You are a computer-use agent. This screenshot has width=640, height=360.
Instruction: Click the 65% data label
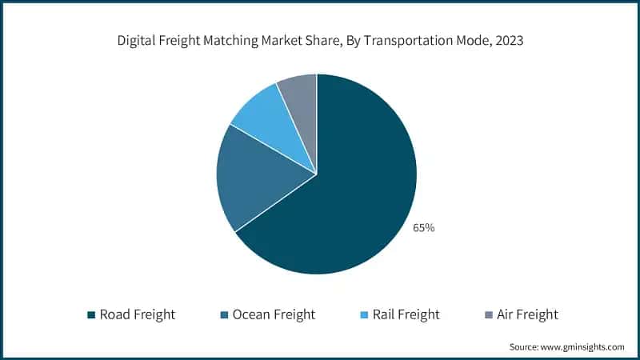pos(423,228)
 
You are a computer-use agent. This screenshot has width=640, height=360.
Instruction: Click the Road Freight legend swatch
pos(91,314)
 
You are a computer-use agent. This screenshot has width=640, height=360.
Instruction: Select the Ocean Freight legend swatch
pos(225,314)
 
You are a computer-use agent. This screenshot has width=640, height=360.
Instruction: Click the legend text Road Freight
pos(138,314)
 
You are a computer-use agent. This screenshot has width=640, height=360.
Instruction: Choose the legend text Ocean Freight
pos(274,314)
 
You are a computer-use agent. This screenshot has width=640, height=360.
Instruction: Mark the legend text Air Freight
pos(529,314)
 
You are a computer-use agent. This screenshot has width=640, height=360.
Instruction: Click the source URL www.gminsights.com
pos(583,347)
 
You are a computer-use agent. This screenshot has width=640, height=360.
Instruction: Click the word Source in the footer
pos(524,347)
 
